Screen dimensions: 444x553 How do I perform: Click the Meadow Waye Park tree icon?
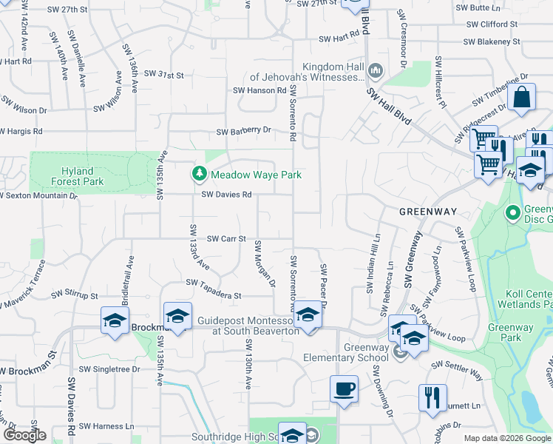199,174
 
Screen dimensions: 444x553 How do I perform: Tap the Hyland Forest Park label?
77,176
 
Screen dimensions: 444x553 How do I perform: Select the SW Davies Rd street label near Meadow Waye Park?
227,195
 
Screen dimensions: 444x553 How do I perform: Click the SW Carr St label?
225,239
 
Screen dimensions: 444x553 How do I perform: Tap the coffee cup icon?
345,389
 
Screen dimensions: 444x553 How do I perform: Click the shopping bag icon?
521,98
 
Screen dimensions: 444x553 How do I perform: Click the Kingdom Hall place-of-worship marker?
375,71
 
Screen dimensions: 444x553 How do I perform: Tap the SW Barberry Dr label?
244,131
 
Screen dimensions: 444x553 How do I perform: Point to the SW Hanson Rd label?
259,90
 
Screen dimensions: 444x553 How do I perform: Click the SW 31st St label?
164,75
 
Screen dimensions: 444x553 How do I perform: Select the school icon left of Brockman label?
115,320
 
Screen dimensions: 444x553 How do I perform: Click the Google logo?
24,435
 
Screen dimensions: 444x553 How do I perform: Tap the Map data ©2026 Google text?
507,438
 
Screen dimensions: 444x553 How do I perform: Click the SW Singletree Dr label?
109,369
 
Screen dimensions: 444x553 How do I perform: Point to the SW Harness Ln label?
108,426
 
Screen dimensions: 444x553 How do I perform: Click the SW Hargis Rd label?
21,131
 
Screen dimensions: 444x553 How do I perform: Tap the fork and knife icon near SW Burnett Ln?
432,397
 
